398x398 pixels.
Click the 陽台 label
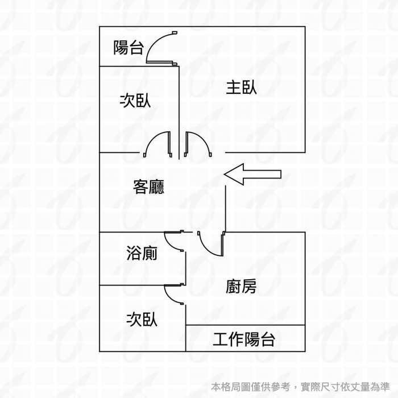point(128,47)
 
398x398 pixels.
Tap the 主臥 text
point(241,88)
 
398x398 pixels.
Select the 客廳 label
point(148,187)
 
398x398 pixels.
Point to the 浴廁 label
point(142,253)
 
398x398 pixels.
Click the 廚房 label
point(241,287)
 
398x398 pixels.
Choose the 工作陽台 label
point(244,339)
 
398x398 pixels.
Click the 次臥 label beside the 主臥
point(135,101)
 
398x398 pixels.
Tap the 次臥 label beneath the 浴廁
point(142,320)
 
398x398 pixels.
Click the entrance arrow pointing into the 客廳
point(252,174)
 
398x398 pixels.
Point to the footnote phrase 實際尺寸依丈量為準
point(345,387)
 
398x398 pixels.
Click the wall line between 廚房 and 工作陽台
point(246,325)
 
